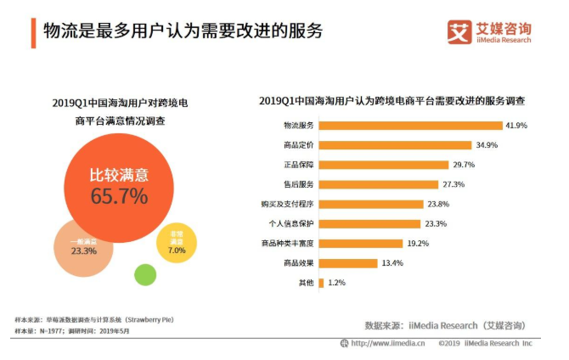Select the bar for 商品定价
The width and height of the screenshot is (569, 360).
(395, 145)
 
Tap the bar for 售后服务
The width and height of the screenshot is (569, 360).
(380, 184)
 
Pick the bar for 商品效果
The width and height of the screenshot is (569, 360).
(348, 263)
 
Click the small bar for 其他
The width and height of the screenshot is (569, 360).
(321, 283)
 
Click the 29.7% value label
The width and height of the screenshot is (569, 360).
(463, 165)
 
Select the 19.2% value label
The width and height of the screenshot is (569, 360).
(417, 243)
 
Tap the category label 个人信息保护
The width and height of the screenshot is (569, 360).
(291, 223)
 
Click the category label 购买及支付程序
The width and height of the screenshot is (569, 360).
(287, 204)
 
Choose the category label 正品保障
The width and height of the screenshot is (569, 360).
(298, 165)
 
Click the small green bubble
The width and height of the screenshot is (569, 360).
(145, 274)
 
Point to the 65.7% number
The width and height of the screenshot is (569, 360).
(119, 196)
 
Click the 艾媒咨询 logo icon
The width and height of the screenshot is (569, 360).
(459, 31)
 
